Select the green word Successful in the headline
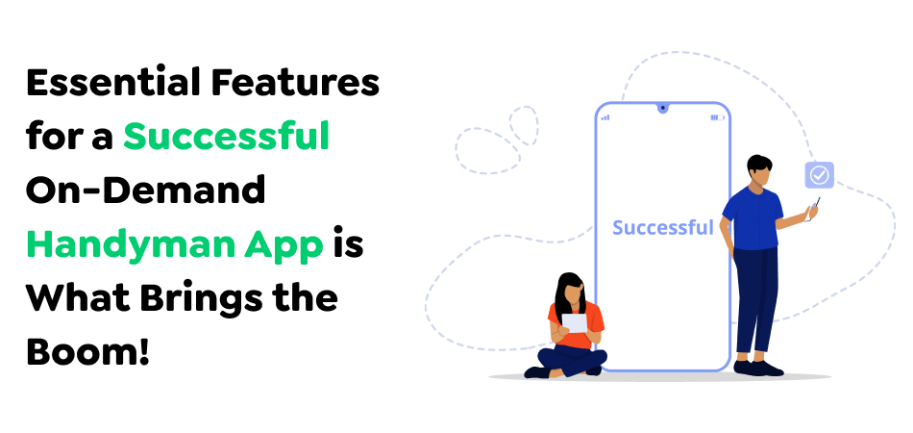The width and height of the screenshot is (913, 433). click(x=226, y=138)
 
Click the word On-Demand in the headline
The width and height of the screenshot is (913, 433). click(x=145, y=191)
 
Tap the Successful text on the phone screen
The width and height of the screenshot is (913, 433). click(x=662, y=228)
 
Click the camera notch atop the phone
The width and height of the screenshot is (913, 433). click(x=662, y=108)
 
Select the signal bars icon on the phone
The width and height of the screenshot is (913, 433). click(x=605, y=117)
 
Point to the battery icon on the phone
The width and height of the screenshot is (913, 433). click(x=717, y=117)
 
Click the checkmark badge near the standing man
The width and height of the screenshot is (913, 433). click(x=819, y=175)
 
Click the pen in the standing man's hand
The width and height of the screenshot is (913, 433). click(x=816, y=207)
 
